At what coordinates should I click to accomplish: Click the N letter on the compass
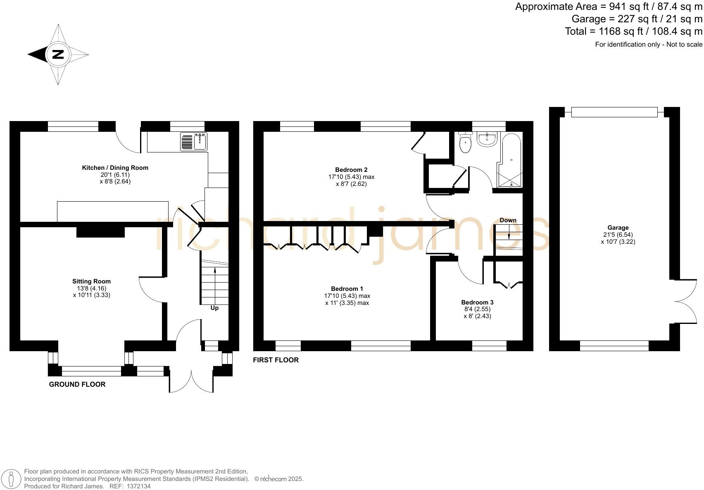tap(58, 54)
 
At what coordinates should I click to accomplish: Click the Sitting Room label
tap(91, 281)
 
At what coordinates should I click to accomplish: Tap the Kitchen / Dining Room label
tap(115, 168)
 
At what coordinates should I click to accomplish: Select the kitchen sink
tap(194, 142)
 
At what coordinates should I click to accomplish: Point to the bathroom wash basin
tap(488, 139)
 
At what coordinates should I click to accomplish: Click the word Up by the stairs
tap(214, 308)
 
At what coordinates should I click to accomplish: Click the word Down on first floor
tap(508, 220)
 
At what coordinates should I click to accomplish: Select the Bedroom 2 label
tap(351, 170)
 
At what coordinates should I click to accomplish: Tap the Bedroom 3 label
tap(477, 302)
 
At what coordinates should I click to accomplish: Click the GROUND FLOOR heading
tap(77, 384)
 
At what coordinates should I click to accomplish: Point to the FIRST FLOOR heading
tap(276, 360)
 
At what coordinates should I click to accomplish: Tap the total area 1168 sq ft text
tap(633, 31)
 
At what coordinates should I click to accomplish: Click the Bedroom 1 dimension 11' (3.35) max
tap(347, 303)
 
